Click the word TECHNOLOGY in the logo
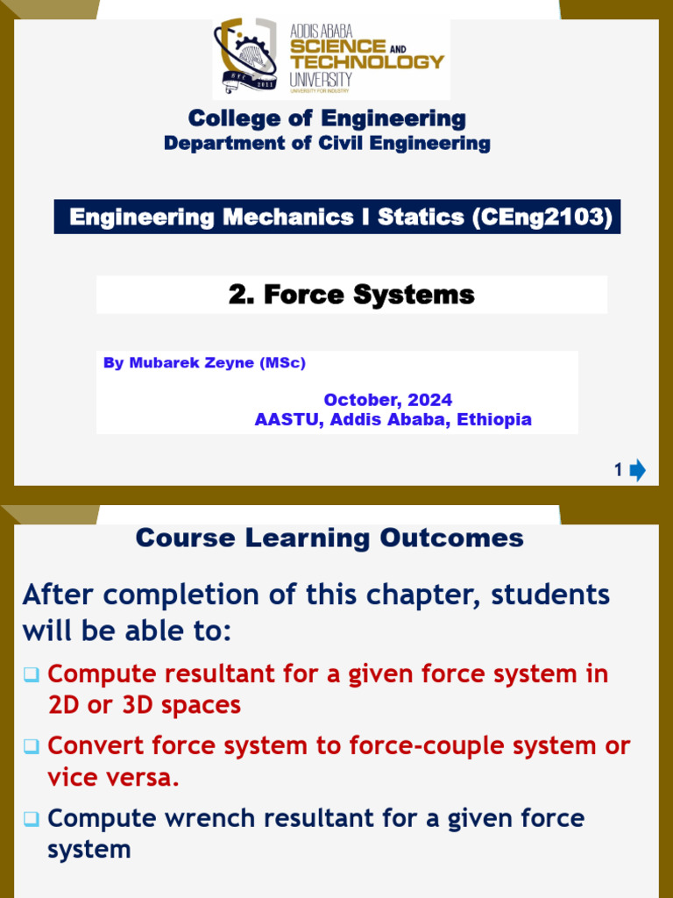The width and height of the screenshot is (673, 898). pos(367,61)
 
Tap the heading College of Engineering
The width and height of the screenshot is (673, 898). pos(327,118)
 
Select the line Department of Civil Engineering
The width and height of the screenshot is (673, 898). pos(327,143)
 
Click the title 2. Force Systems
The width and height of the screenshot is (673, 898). pos(351,295)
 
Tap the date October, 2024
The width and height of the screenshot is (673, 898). pos(388,400)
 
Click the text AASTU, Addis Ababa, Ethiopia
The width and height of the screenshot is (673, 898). pos(393,419)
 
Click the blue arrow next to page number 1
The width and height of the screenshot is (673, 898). pos(637,471)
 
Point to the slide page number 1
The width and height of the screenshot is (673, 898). pos(618,471)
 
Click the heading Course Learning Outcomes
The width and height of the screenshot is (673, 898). pos(329,538)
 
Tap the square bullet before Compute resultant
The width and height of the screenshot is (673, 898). pos(32,674)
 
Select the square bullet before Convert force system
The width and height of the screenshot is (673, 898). pos(32,746)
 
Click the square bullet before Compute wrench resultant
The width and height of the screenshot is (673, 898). pos(32,819)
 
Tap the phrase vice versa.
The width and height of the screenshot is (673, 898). pos(113,778)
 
